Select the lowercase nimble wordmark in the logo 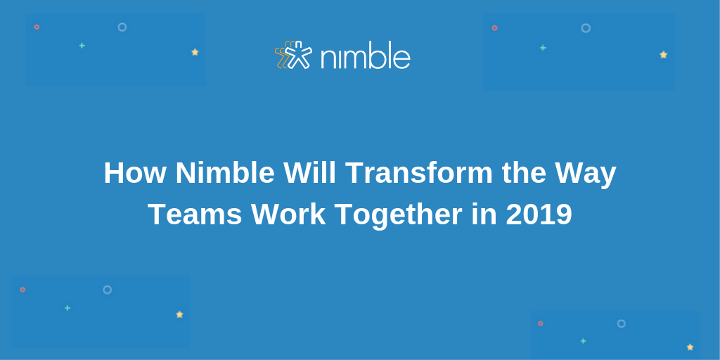(x=365, y=56)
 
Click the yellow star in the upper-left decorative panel (x=195, y=52)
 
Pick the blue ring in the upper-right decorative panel (x=586, y=28)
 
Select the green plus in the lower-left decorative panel (x=67, y=308)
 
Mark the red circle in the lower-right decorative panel (x=540, y=323)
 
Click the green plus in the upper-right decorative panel (x=543, y=48)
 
